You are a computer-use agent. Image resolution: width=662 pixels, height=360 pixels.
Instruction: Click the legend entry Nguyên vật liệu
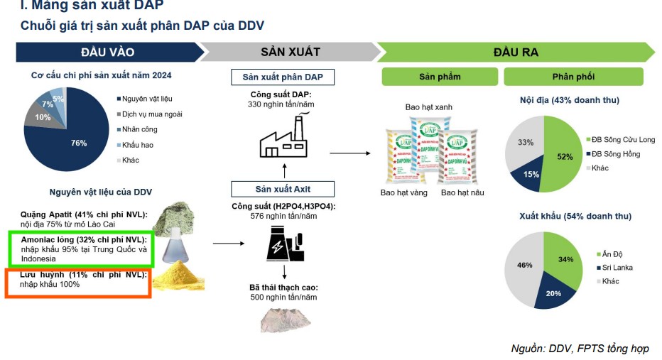click(146, 99)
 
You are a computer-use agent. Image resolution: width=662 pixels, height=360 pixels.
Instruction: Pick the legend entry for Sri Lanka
click(617, 268)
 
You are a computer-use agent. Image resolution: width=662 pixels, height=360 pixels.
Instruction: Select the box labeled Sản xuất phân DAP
click(283, 77)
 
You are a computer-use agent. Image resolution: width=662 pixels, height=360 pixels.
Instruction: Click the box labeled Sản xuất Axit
click(283, 189)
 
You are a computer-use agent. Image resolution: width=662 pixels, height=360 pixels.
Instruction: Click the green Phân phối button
click(573, 77)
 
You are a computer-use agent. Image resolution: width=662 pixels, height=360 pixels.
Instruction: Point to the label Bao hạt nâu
click(464, 192)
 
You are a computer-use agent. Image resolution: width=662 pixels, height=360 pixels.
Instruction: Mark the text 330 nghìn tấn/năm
click(281, 104)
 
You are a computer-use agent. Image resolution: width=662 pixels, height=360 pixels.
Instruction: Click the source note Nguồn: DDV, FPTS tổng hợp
click(580, 349)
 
